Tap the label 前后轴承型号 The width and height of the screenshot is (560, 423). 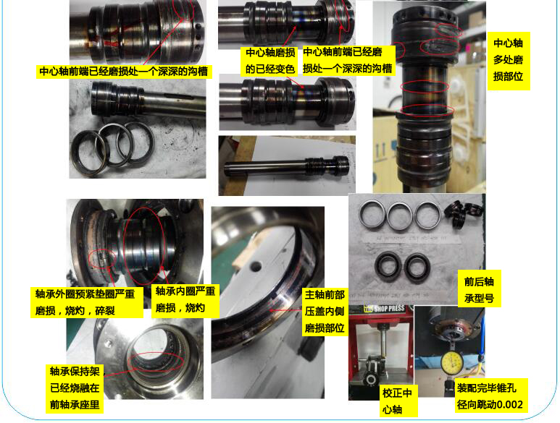click(479, 289)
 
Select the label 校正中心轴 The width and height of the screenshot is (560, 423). click(397, 401)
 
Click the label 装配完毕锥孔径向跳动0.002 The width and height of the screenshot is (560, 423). click(490, 396)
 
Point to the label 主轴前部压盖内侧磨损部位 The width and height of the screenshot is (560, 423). click(325, 311)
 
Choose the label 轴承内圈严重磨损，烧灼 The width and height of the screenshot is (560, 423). click(185, 299)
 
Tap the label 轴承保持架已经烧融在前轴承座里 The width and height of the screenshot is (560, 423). click(75, 388)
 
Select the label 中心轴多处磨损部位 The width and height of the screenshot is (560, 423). click(508, 60)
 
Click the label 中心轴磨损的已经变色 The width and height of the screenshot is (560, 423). click(270, 61)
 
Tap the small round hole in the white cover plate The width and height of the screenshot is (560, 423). click(256, 265)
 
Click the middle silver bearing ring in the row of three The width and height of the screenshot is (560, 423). click(399, 216)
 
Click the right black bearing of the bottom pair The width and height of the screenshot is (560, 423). click(417, 268)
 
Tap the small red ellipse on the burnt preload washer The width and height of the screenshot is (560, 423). click(102, 258)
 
